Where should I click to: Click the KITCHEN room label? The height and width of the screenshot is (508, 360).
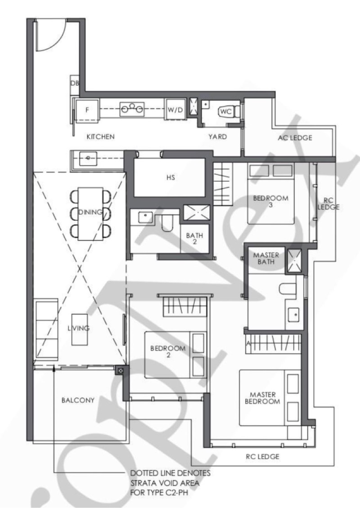point(100,137)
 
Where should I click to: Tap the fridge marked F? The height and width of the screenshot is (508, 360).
point(87,110)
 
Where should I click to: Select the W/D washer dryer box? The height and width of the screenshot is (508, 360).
point(175,110)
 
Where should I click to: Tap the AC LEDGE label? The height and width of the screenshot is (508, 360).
point(295,138)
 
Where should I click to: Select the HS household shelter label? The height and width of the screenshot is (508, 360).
point(171,177)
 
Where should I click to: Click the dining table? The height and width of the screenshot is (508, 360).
point(90,214)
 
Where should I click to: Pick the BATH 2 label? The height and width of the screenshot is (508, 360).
point(194,238)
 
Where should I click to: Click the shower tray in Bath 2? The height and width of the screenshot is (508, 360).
point(197,213)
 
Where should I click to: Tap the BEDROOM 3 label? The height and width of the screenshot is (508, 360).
point(270,201)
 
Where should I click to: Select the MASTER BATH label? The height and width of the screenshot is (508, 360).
point(266,258)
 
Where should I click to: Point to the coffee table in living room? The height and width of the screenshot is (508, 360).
point(80,330)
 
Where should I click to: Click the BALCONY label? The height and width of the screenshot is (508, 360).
point(78,400)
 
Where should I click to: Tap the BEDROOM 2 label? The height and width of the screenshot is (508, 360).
point(168,352)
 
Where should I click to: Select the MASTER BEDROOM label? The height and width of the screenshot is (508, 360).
point(262,398)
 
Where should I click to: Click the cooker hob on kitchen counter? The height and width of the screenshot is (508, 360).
point(132,109)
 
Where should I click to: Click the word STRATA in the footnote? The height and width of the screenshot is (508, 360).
point(144,483)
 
